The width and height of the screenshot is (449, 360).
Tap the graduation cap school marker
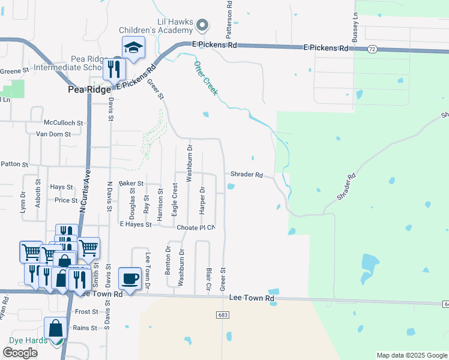click(134, 47)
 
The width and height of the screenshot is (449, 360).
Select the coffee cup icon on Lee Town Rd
click(130, 278)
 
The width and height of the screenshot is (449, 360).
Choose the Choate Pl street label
click(192, 227)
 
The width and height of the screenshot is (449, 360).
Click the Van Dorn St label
click(58, 134)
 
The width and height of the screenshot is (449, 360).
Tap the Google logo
click(20, 352)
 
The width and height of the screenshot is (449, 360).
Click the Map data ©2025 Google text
click(411, 355)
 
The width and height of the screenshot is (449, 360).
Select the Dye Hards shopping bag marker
click(56, 329)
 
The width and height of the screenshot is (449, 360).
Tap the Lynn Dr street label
click(23, 202)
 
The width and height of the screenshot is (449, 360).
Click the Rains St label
click(85, 328)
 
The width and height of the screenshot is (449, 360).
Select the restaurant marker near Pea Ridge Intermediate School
click(112, 69)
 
